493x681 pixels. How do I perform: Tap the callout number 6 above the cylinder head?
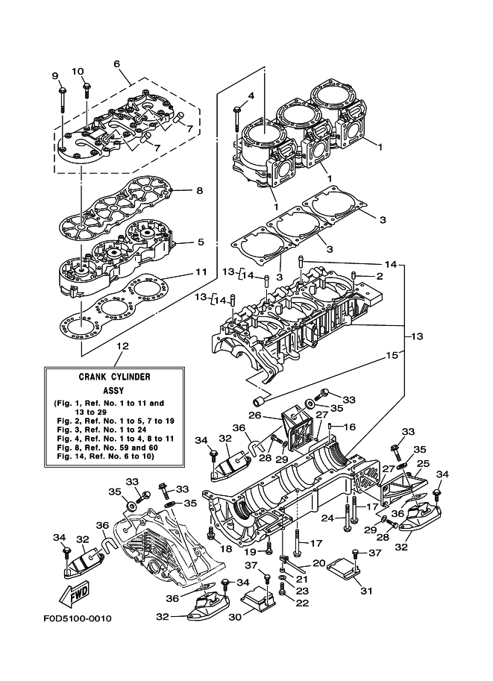tap(117, 63)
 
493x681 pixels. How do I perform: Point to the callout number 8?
tap(199, 190)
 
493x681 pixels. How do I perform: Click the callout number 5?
tap(200, 242)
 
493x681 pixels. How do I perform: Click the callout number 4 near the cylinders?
tap(251, 95)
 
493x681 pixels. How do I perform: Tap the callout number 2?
tap(379, 277)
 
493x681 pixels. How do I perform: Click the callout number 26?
tap(254, 415)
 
